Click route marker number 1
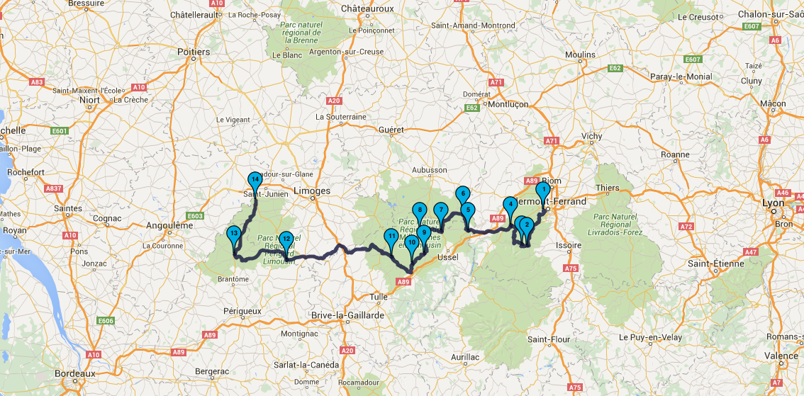point(542,190)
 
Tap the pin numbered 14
point(255,180)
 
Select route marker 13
point(233,234)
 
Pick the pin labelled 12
point(286,239)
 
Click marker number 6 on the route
point(462,193)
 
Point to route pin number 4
point(509,205)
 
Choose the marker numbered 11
point(391,237)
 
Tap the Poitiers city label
point(194,52)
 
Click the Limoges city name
point(311,191)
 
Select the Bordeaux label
point(75,373)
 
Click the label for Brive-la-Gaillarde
point(347,315)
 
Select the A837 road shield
point(53,188)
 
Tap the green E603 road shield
point(196,216)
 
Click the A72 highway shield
point(686,227)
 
